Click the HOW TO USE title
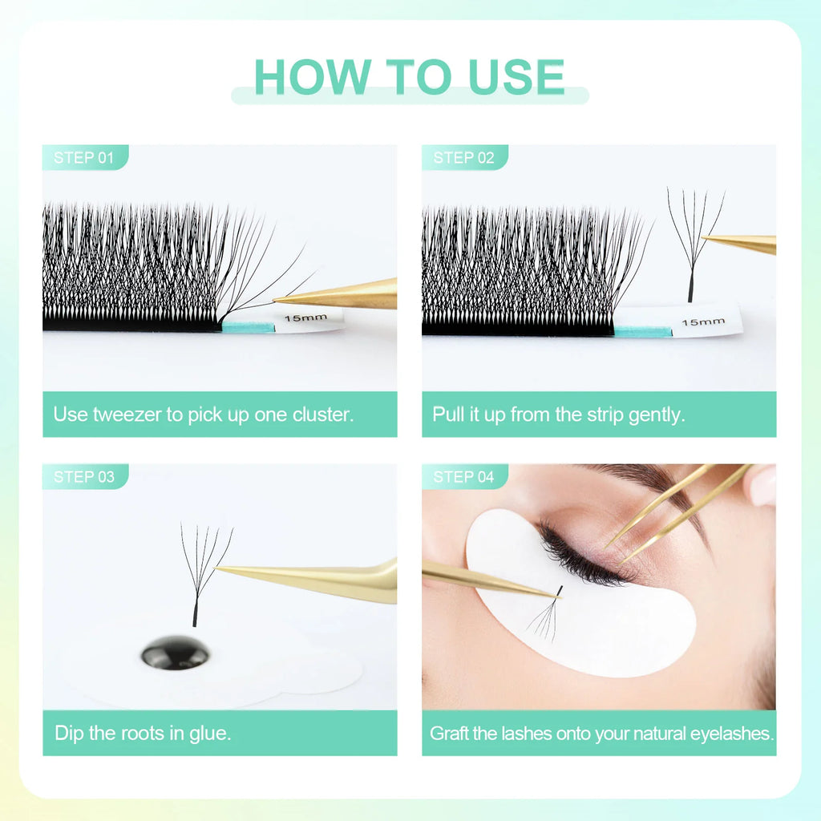[410, 76]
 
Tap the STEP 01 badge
[83, 157]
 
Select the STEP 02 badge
[463, 157]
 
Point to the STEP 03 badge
[83, 476]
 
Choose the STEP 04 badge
[463, 476]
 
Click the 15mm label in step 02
[702, 322]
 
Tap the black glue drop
[176, 653]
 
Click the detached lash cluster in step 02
[693, 241]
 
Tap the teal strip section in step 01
[248, 326]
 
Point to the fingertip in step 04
[762, 485]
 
